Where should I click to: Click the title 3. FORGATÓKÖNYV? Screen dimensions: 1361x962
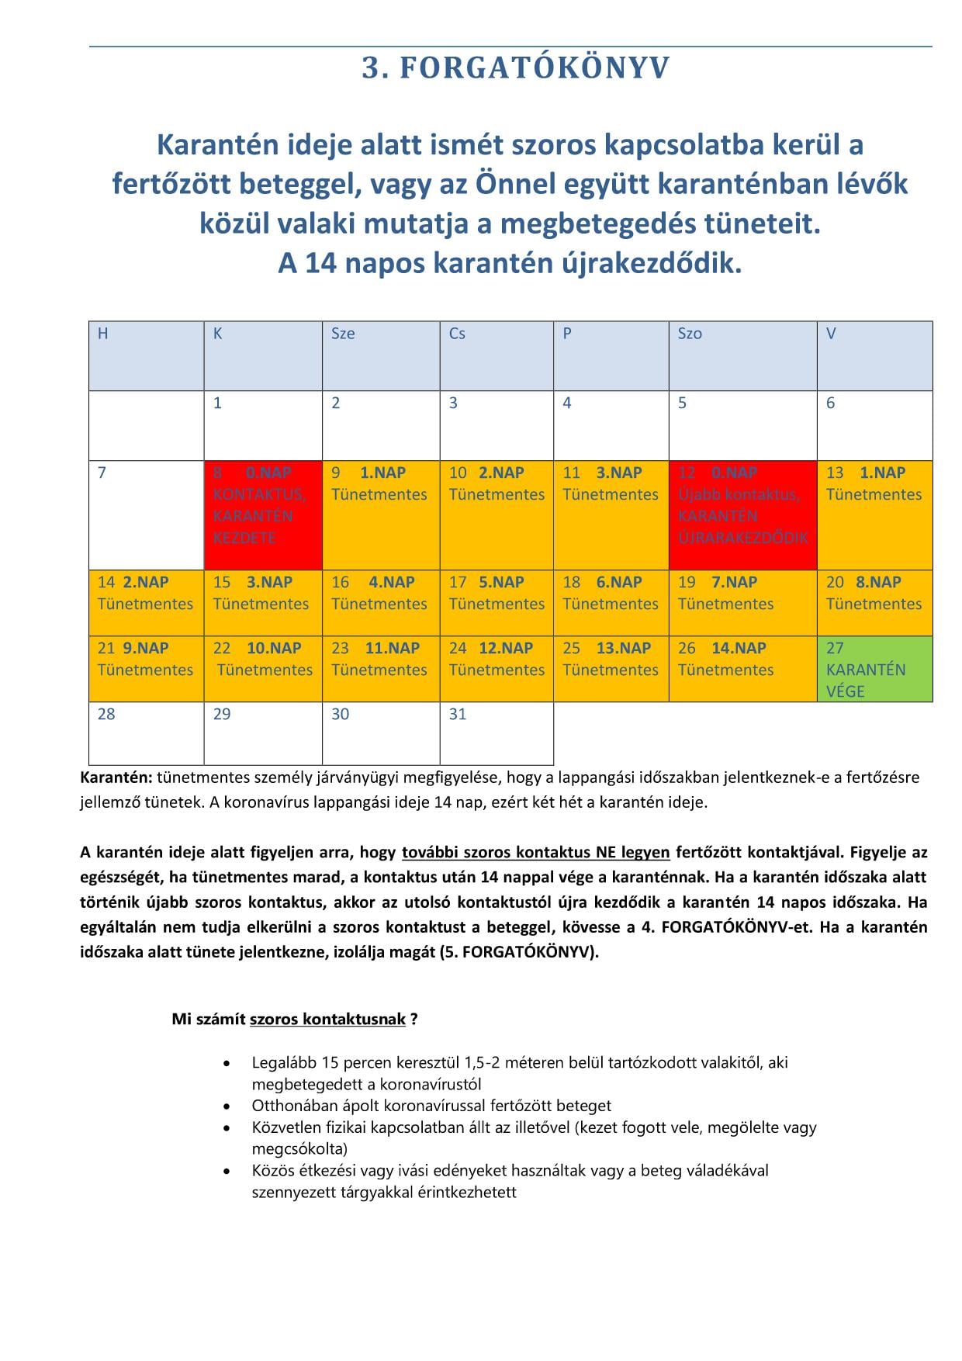pos(515,68)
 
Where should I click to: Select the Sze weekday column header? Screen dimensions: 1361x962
pos(380,355)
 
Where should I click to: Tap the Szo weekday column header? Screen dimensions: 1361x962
pos(742,355)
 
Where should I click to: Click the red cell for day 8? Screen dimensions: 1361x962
pos(263,514)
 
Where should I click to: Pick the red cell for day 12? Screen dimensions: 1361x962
pos(742,514)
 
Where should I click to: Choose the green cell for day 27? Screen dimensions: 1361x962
pos(874,669)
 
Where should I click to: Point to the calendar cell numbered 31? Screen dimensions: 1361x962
pos(497,732)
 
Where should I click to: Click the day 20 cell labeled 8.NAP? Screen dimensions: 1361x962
pos(874,603)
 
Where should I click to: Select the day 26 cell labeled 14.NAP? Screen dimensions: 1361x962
pos(742,669)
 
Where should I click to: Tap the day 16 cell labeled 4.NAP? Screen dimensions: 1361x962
pos(380,603)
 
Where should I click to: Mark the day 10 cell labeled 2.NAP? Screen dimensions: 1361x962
pos(497,514)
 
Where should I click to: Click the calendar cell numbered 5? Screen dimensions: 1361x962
pos(742,425)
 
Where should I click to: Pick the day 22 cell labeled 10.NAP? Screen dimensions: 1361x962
pos(263,669)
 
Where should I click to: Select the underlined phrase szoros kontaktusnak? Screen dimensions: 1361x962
pos(327,1019)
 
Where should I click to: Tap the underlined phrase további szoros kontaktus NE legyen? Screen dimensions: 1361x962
pos(535,852)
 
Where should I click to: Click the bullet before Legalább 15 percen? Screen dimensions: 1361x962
pos(227,1063)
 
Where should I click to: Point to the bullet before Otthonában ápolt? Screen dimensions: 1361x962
pos(227,1106)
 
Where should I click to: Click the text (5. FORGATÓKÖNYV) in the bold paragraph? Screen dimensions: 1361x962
pos(519,952)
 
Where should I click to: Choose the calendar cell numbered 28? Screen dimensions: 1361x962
pos(146,732)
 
